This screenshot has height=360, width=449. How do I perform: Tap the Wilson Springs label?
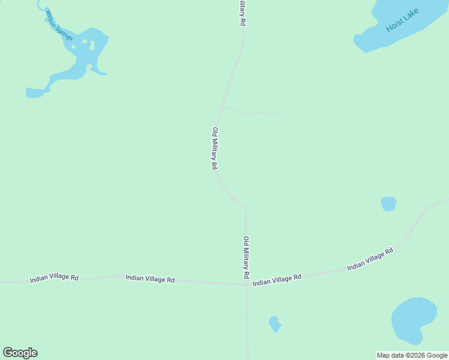coord(59,27)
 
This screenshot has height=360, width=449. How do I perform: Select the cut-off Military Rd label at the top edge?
coord(242,12)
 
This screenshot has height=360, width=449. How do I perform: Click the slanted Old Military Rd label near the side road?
coord(214,148)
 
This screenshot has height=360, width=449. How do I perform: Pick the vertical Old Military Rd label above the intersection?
coord(246,257)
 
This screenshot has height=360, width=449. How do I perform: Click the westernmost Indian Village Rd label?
coord(55,278)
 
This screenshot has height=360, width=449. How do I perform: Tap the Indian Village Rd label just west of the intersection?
coord(150,279)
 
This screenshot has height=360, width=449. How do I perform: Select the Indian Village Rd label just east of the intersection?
coord(277,280)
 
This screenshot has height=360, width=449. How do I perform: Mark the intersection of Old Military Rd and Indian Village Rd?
coord(247,284)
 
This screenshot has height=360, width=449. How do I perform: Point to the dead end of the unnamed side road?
coord(285,116)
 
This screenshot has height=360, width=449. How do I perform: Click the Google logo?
coord(20,353)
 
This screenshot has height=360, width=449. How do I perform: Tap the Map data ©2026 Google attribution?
coord(412,355)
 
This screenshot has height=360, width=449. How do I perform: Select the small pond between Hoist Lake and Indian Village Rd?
coord(388,204)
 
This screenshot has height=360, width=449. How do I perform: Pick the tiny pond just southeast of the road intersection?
coord(274,324)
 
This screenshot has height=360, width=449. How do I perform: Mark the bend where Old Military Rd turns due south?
coord(246,209)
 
